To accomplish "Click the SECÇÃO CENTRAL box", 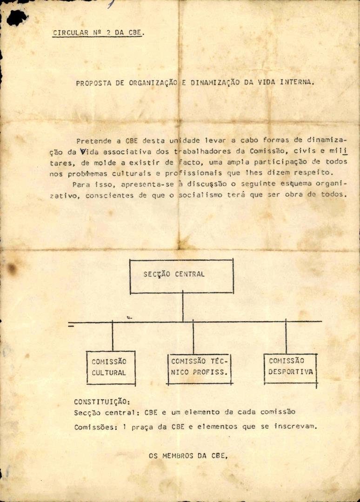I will tap(181, 277).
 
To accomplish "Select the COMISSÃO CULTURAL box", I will tap(111, 367).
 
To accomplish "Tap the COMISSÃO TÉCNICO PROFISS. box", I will tap(199, 367).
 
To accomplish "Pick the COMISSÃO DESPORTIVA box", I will tap(291, 367).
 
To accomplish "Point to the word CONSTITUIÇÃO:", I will tap(102, 402).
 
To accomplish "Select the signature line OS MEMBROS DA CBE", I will tap(188, 456).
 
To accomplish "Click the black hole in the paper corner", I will tap(17, 18).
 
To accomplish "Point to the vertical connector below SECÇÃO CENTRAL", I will tap(183, 307).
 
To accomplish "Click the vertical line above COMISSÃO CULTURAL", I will tap(112, 337).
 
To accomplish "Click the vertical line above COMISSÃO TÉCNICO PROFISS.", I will tap(193, 337).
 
